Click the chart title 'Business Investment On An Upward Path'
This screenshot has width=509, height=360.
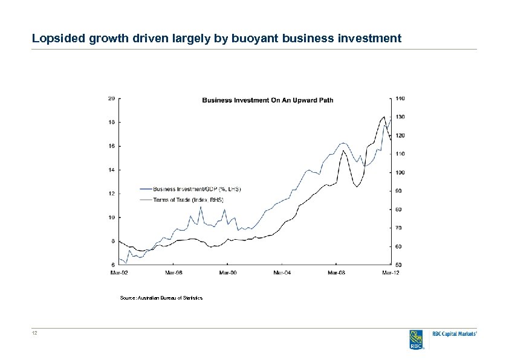click(267, 100)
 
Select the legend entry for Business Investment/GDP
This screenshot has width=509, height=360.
click(196, 188)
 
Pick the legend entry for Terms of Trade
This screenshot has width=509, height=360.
click(188, 199)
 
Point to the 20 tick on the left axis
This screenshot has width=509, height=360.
click(112, 98)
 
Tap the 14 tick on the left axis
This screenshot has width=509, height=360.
click(112, 170)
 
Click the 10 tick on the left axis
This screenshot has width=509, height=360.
click(112, 217)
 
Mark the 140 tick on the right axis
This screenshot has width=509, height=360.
click(401, 98)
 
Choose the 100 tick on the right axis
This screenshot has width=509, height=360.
click(401, 173)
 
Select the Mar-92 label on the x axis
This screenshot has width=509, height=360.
click(119, 272)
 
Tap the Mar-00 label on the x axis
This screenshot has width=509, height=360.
click(228, 272)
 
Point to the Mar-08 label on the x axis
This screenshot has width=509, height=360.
click(337, 272)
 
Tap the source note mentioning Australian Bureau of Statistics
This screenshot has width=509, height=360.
click(161, 298)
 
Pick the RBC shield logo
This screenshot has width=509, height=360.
click(416, 339)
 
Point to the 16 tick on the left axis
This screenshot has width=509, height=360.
click(112, 146)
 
